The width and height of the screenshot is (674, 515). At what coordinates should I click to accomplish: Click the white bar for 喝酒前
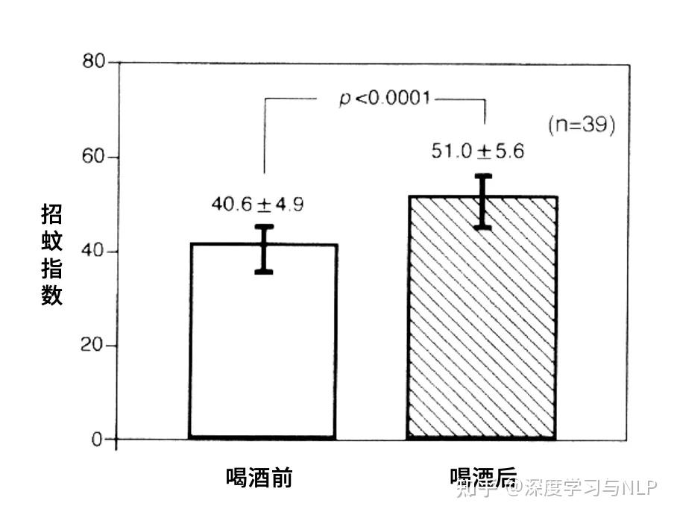click(x=263, y=351)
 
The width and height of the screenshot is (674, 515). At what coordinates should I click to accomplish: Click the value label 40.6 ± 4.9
click(x=257, y=205)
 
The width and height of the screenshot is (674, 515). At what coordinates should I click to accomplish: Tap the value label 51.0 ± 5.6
click(x=478, y=152)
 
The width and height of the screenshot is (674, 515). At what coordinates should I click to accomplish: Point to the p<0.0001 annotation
click(x=385, y=98)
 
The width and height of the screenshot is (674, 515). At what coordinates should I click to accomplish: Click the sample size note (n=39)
click(x=582, y=125)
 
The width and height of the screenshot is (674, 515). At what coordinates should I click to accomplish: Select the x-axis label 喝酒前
click(x=259, y=478)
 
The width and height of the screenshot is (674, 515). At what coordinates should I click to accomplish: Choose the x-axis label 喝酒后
click(x=483, y=478)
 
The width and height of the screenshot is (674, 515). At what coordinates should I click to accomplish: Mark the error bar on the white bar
click(x=263, y=249)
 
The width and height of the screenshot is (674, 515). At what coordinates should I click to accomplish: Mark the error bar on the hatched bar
click(x=484, y=202)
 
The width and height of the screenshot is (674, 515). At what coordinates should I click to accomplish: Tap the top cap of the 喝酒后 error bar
click(x=484, y=176)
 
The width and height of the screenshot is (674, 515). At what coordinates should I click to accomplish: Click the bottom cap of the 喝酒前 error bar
click(x=263, y=272)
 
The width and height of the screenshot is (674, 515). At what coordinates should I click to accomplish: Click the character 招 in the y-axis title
click(x=51, y=215)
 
